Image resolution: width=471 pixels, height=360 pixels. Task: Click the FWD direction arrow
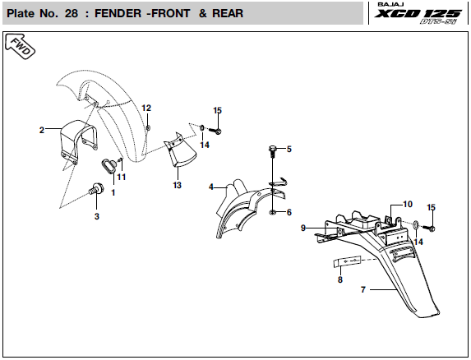click(20, 47)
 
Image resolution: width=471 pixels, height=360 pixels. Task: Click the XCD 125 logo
click(418, 14)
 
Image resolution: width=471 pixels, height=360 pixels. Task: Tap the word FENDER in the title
click(118, 13)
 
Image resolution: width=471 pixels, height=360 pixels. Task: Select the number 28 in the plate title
click(72, 13)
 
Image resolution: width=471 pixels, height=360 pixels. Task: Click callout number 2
click(42, 130)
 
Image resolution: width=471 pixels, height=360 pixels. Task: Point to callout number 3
click(97, 216)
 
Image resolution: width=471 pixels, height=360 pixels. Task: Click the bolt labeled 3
click(96, 189)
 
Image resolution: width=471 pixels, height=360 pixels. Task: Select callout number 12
click(146, 108)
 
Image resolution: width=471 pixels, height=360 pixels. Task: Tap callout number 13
click(178, 185)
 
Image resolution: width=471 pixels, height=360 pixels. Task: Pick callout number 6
click(289, 212)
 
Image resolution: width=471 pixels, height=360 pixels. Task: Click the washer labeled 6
click(272, 213)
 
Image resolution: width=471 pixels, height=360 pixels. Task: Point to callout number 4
click(211, 187)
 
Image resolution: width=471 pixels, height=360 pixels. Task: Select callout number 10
click(408, 204)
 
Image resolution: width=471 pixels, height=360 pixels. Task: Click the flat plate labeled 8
click(347, 261)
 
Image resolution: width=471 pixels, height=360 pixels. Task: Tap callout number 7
click(363, 290)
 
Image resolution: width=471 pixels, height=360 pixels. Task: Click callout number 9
click(303, 228)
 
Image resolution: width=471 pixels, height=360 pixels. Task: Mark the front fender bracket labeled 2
click(79, 141)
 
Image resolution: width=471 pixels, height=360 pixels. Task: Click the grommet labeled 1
click(109, 166)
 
